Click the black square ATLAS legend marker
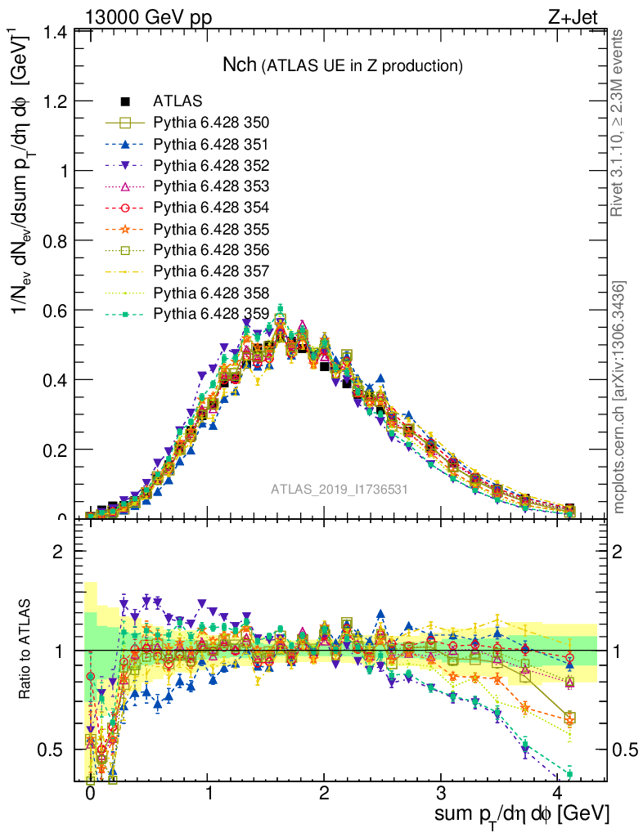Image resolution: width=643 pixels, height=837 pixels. tap(125, 102)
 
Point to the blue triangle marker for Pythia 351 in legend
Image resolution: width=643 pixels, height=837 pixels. tap(125, 145)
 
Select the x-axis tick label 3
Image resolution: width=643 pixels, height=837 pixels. tap(441, 794)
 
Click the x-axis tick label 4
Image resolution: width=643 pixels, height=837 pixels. tap(558, 794)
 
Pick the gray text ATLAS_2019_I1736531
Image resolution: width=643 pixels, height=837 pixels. tap(339, 490)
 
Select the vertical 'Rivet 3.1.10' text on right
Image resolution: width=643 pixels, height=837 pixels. tap(619, 123)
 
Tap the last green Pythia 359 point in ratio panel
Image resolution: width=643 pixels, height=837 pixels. tap(569, 774)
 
